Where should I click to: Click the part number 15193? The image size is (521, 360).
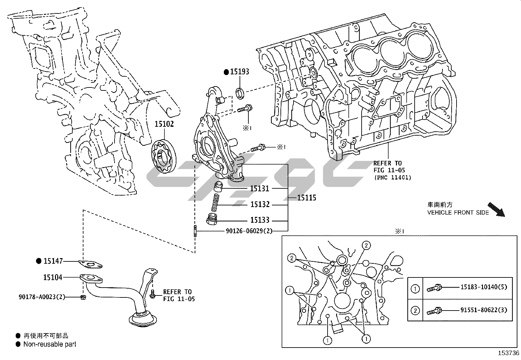click(x=240, y=72)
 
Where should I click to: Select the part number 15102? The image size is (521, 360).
click(x=164, y=124)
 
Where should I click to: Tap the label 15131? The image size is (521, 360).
click(x=260, y=188)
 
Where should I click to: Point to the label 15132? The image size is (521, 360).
click(x=260, y=204)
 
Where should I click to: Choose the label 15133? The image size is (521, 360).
click(x=260, y=220)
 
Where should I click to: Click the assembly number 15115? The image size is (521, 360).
click(x=307, y=198)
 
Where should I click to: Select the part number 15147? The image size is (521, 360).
click(x=53, y=261)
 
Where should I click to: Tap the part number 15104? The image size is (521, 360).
click(x=53, y=277)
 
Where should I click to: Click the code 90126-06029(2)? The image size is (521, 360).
click(x=249, y=231)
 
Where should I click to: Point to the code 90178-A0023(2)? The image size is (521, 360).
click(x=42, y=297)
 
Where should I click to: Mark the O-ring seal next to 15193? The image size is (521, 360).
click(x=241, y=93)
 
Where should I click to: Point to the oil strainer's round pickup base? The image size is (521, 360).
click(x=143, y=319)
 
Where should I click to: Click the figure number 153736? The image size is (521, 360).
click(x=509, y=353)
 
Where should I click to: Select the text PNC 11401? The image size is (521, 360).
click(x=393, y=177)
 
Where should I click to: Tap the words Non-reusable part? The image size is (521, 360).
click(x=50, y=344)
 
